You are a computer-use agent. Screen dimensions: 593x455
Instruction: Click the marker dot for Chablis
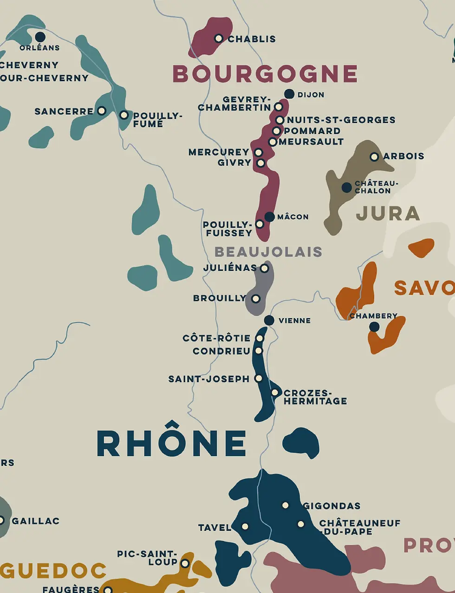coord(219,39)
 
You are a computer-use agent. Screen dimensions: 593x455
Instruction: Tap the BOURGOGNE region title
coord(265,74)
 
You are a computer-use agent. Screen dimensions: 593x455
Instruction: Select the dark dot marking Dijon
coord(289,94)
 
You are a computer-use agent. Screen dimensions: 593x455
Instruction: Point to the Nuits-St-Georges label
coord(341,120)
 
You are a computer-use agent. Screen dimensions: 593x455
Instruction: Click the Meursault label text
coord(311,142)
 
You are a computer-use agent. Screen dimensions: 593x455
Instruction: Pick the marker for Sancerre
coord(101,111)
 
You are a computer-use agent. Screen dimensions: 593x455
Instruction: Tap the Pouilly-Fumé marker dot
coord(124,115)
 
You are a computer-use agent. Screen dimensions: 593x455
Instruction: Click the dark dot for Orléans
coord(40,37)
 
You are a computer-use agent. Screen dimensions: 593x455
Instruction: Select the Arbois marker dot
coord(374,157)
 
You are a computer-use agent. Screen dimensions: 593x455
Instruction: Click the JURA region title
coord(388,213)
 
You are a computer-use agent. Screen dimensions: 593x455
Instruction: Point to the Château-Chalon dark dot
coord(346,187)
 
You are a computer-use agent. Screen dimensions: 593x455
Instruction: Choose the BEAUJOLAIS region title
coord(268,252)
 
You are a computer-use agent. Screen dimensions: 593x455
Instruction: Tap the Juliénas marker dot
coord(264,268)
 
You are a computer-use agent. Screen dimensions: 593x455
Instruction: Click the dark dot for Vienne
coord(269,320)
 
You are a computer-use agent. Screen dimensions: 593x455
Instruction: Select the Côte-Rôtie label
coord(216,338)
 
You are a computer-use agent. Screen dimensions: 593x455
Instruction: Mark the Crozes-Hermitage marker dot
coord(275,393)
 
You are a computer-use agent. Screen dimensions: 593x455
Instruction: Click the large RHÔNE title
coord(172,443)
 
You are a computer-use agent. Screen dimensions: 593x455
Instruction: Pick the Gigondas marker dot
coord(286,505)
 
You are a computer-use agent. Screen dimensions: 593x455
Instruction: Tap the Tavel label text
coord(214,528)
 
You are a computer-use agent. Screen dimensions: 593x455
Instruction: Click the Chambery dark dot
coord(374,327)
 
